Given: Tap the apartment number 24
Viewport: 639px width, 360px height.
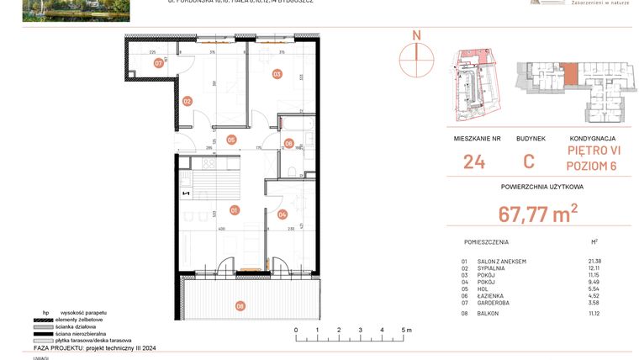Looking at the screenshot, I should (474, 161).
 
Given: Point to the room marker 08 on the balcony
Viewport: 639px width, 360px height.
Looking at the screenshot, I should (240, 306).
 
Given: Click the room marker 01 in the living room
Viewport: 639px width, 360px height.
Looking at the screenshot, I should (235, 210).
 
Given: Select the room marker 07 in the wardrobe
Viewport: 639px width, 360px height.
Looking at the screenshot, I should (158, 63).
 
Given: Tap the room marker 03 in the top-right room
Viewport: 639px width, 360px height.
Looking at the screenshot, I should (276, 74).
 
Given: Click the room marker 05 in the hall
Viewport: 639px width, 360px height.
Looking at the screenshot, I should (230, 140).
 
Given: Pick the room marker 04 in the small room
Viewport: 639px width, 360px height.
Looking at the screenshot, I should (283, 214).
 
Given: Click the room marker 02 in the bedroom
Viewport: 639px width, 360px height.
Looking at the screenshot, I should (187, 101).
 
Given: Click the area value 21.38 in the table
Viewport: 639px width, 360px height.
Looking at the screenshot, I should (595, 262).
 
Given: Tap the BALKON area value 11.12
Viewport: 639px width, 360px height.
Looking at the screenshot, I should (595, 314).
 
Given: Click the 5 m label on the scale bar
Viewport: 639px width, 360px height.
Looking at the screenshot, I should (406, 331).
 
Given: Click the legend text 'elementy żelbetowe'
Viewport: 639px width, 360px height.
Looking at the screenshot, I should (79, 320).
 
